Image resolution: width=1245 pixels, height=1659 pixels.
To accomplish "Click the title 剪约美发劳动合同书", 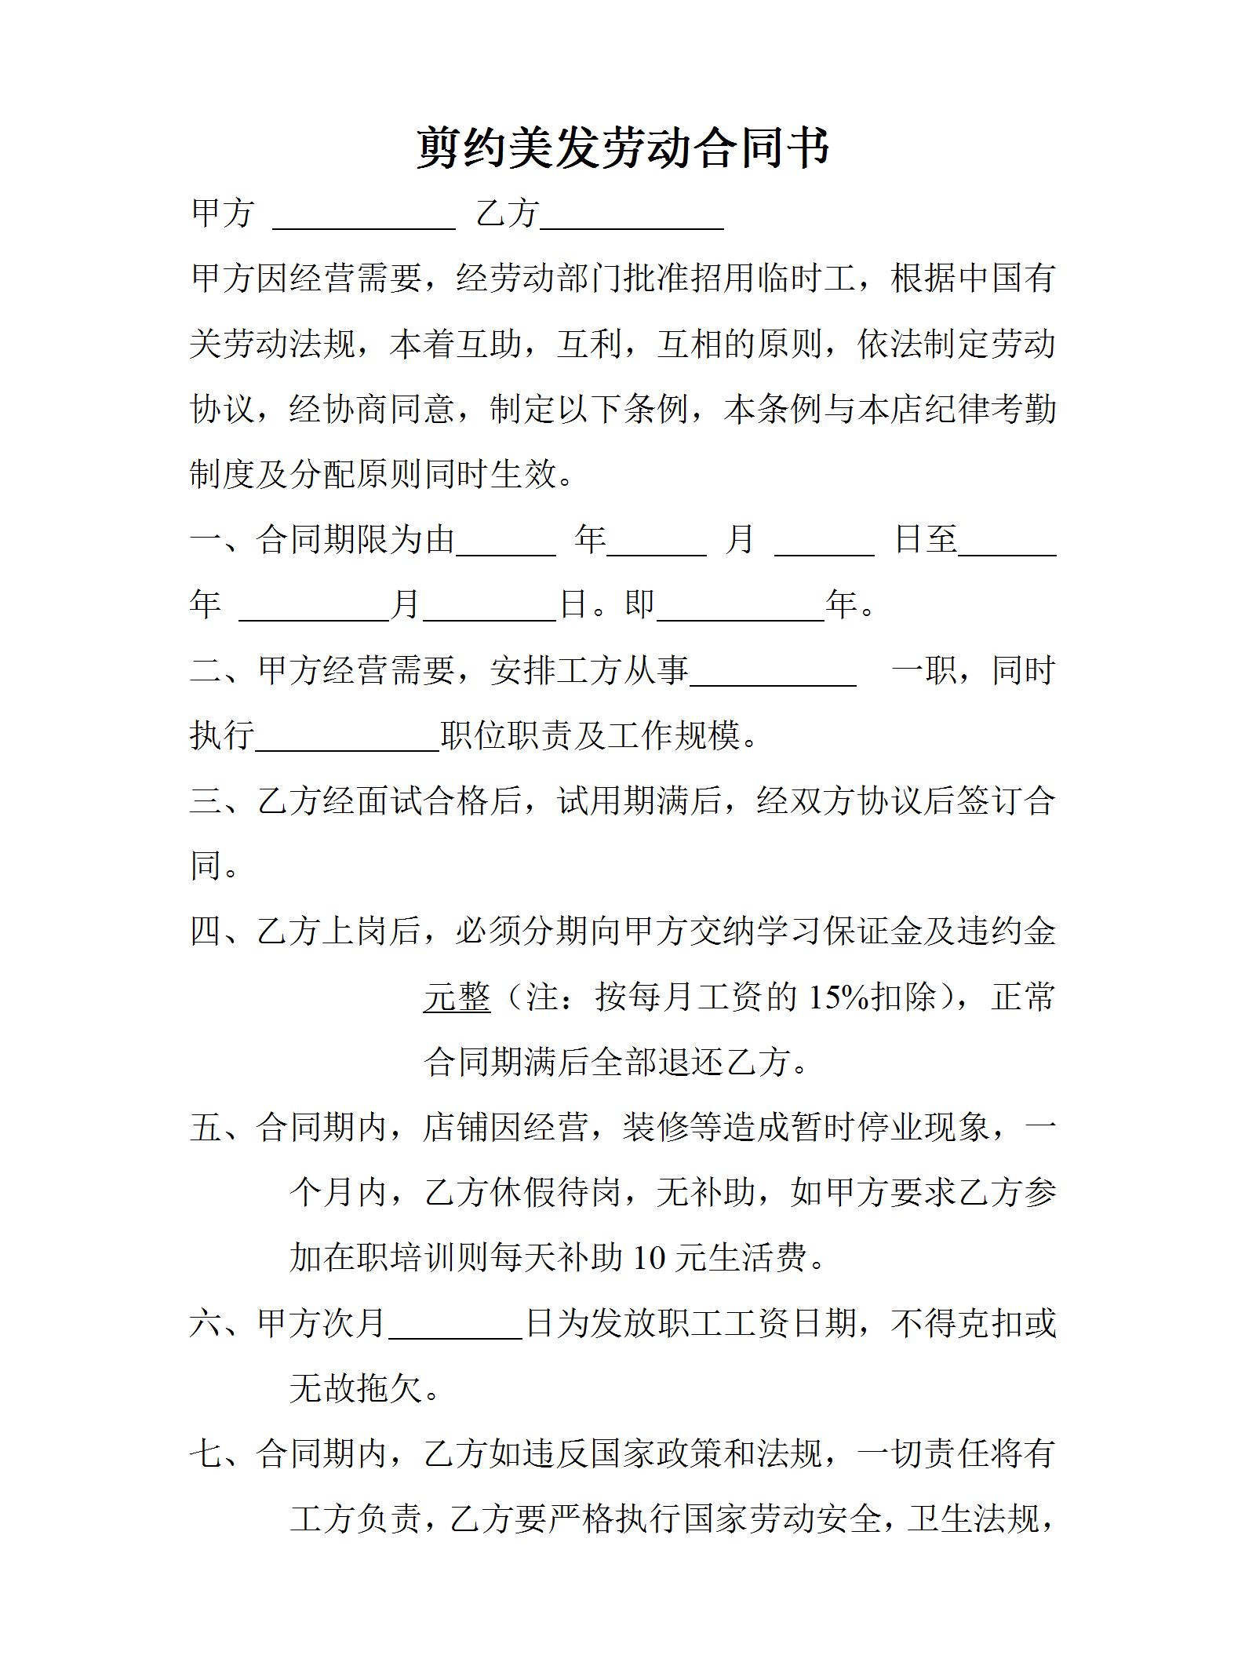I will coord(622,148).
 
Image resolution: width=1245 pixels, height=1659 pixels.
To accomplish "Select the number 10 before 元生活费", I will coord(649,1258).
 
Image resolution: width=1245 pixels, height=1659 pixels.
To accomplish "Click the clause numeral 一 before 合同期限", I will coord(206,540).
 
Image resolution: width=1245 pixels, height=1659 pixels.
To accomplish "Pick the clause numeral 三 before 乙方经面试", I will coord(206,801).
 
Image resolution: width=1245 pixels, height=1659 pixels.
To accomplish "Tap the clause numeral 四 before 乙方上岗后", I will coord(206,932).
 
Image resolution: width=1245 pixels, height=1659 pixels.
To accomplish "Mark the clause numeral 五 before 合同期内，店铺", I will coord(206,1128).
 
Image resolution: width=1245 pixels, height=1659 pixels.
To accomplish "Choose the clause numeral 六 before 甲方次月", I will coord(206,1323).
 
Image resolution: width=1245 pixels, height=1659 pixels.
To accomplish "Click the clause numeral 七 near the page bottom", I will coord(206,1453).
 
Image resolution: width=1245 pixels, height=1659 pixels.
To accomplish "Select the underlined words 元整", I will coord(457,997).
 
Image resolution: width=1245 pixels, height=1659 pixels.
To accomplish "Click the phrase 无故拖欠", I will coord(357,1389).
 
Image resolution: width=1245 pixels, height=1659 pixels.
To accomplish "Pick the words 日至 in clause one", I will coord(926,540).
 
